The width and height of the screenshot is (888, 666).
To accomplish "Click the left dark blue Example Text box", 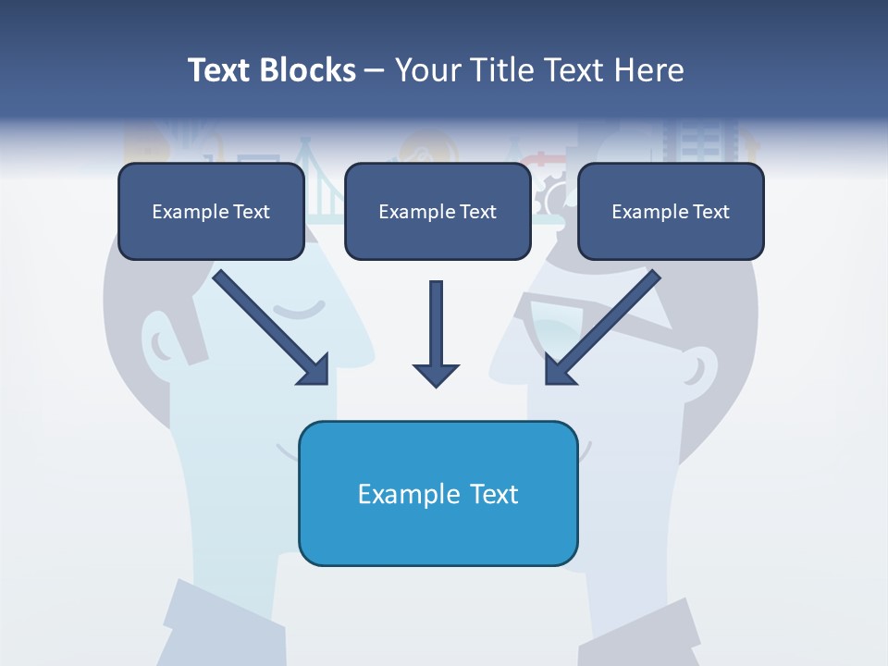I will tap(211, 212).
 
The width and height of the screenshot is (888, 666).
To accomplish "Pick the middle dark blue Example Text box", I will tap(438, 212).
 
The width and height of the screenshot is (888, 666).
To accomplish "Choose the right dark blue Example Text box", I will tap(671, 212).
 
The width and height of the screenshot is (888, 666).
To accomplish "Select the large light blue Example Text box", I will tap(438, 493).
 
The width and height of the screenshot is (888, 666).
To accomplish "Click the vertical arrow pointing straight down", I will tap(436, 333).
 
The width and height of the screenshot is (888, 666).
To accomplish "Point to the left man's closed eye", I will tap(303, 309).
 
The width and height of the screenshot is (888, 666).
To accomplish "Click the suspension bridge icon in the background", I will tap(324, 185).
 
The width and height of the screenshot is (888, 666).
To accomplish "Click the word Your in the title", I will tap(429, 70).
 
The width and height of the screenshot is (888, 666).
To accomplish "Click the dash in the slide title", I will tap(375, 71).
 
